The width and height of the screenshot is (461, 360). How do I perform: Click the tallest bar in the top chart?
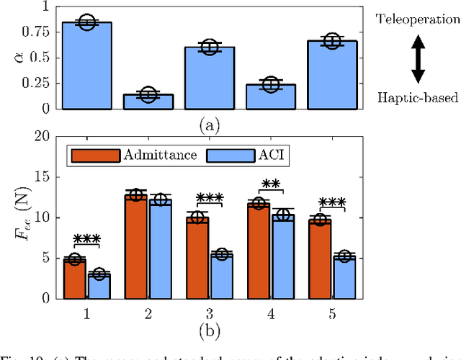[x=86, y=66]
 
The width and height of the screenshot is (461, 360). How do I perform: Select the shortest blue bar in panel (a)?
[x=148, y=102]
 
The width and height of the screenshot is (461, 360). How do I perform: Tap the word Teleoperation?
[x=416, y=19]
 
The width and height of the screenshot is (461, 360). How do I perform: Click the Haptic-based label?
[x=416, y=98]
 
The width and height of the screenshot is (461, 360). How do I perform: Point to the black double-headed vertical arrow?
[x=418, y=58]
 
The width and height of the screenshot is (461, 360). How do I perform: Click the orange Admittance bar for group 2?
[x=136, y=246]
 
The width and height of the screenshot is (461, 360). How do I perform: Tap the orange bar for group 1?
[x=75, y=278]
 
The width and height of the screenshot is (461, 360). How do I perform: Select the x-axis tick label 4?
[x=271, y=314]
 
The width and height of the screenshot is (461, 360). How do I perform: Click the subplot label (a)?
[x=209, y=125]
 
